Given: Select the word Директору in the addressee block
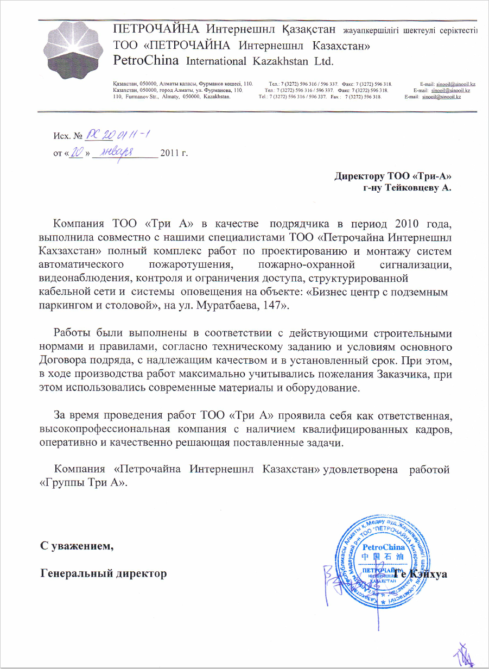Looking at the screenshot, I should tap(359, 176).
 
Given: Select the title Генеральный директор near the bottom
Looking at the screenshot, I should tap(104, 573).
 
